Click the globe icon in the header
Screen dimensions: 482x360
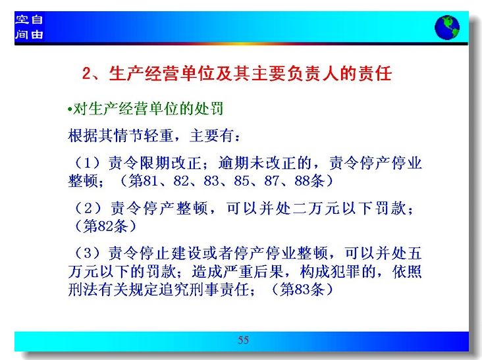tap(447, 28)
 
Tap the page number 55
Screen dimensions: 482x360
tap(243, 340)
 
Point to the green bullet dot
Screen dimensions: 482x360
tap(70, 109)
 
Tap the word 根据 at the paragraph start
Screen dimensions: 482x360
tap(83, 136)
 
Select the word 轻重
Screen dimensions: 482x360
tap(159, 136)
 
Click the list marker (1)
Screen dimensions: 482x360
tap(88, 163)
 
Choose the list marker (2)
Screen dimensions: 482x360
tap(88, 208)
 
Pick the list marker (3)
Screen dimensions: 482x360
tap(88, 253)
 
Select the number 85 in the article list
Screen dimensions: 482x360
tap(241, 181)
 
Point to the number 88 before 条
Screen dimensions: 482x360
tap(302, 181)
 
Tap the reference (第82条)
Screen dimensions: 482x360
tap(105, 226)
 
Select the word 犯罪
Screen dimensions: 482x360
tap(345, 272)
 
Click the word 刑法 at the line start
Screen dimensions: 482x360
tap(83, 290)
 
